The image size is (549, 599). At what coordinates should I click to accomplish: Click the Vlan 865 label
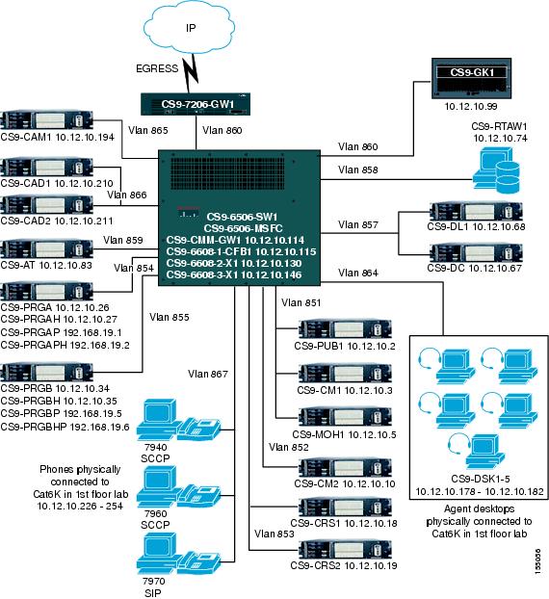click(x=147, y=128)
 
